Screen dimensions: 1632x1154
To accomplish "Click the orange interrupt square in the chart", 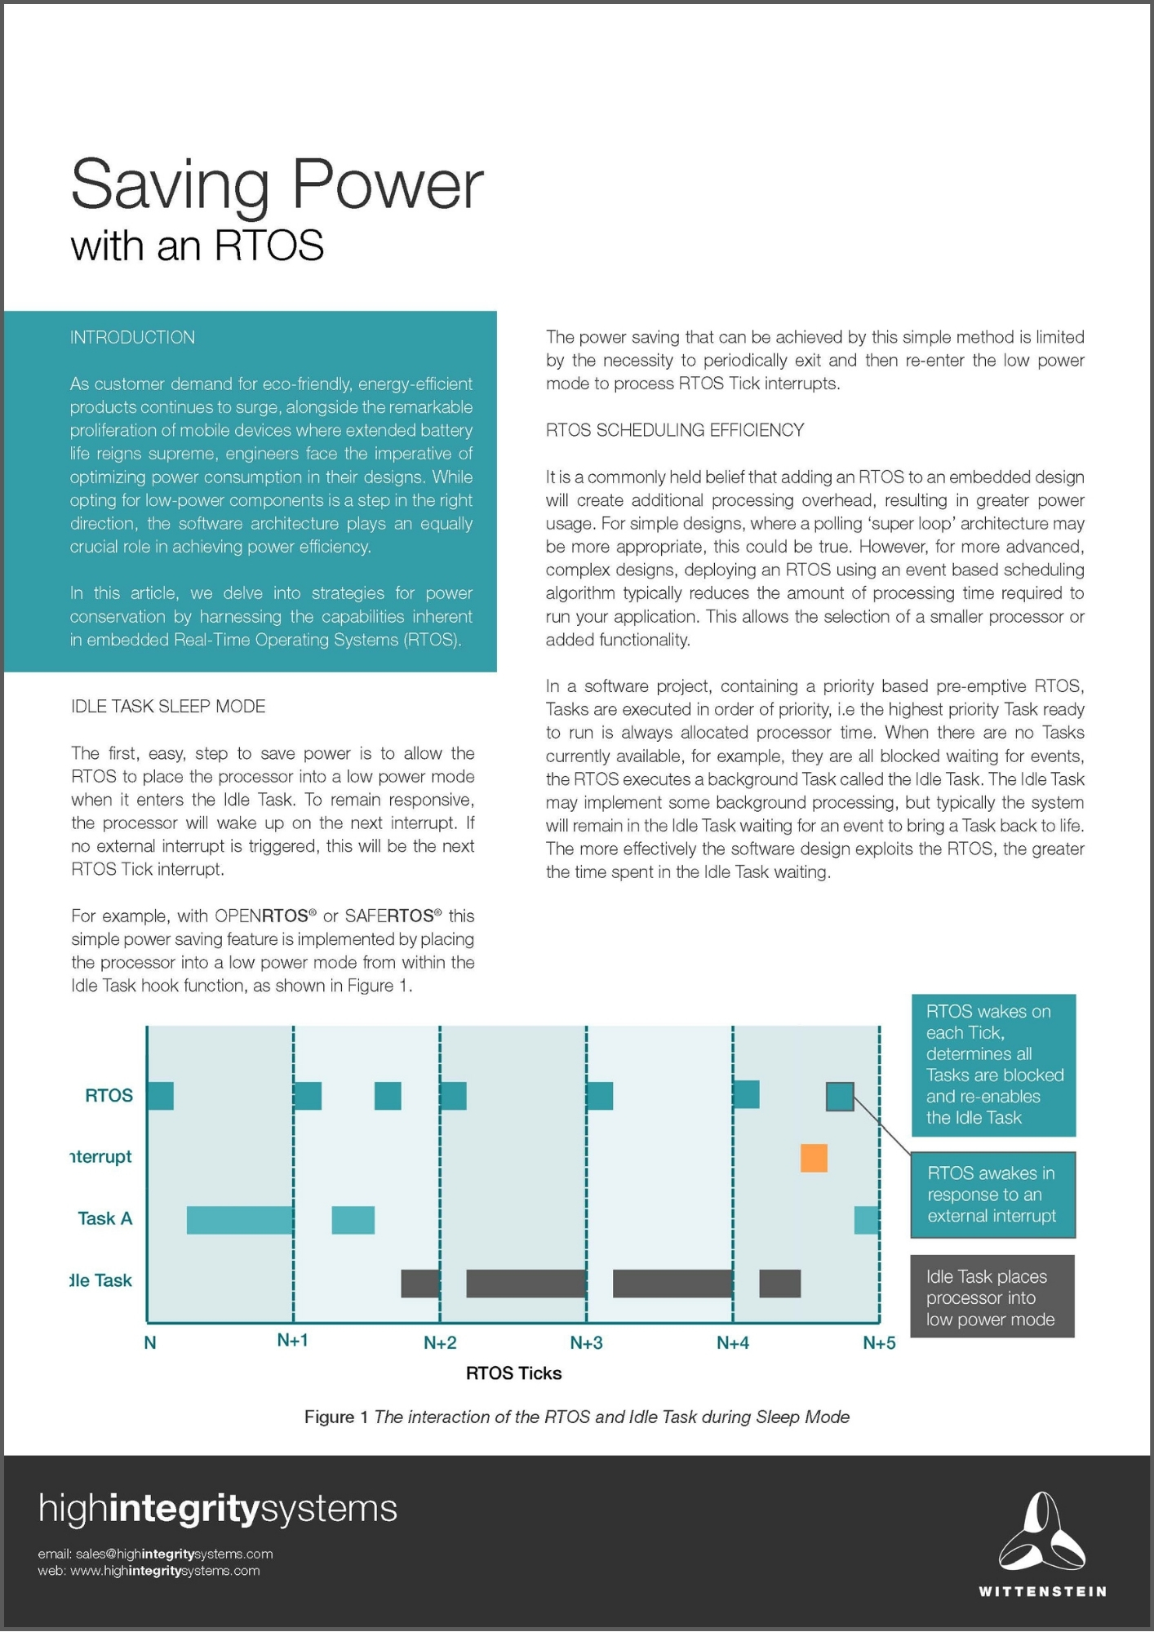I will coord(814,1158).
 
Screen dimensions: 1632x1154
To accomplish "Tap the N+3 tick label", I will coord(586,1343).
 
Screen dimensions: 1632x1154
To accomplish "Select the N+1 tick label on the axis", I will coord(292,1341).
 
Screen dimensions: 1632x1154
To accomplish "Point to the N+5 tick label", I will coord(879,1343).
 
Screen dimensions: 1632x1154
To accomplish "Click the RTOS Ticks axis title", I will coord(513,1373).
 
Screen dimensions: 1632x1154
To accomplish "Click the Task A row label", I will coord(104,1218).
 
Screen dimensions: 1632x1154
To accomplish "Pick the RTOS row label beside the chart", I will coord(109,1095).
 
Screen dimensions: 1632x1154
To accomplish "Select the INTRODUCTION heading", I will coord(132,338).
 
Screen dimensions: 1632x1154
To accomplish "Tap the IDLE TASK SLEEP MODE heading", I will coord(168,707).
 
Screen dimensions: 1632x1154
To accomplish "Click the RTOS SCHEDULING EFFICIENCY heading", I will coord(675,430).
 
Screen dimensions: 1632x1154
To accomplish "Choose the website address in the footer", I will coord(165,1571).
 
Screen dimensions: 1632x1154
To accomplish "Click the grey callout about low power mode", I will coord(992,1297).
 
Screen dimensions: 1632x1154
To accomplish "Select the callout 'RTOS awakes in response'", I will coord(992,1195).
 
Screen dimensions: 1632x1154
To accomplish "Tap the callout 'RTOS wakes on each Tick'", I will coord(993,1065).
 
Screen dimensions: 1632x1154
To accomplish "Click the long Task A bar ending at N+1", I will coord(240,1220).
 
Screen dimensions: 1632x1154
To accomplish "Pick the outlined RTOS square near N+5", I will coord(840,1096).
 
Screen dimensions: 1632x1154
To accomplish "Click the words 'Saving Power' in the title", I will coord(277,185).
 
